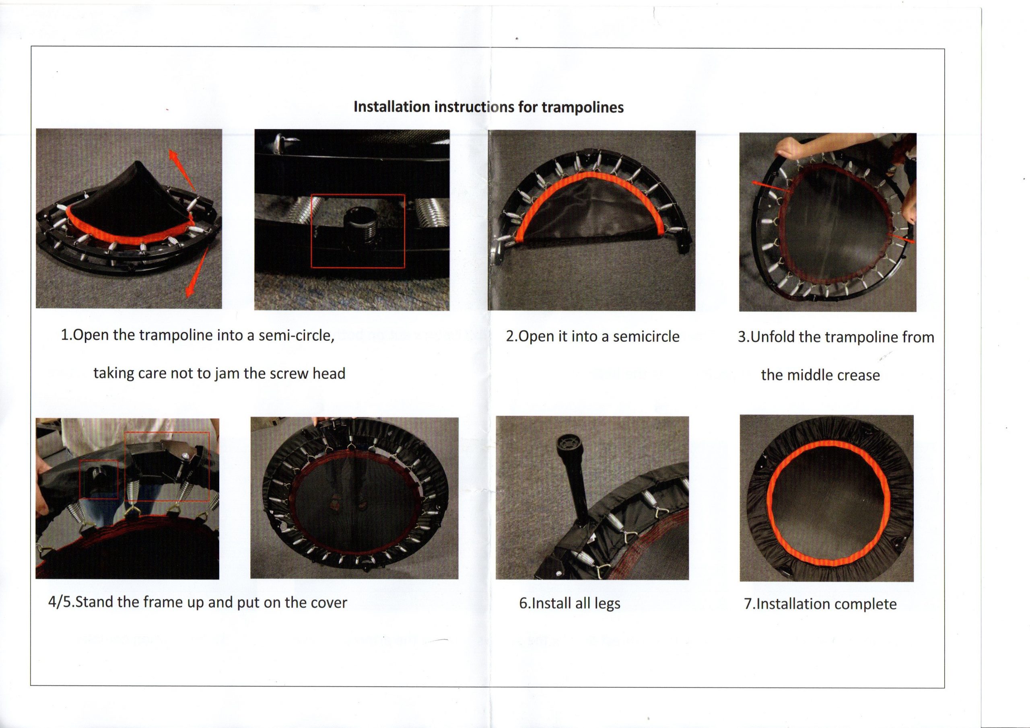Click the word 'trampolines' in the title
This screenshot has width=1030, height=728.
pyautogui.click(x=583, y=107)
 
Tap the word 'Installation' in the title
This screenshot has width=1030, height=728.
pyautogui.click(x=391, y=107)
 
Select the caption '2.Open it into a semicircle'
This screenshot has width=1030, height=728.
pyautogui.click(x=593, y=336)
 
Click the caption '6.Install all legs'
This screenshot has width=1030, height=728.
pyautogui.click(x=570, y=603)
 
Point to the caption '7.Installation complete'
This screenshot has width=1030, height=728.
pyautogui.click(x=820, y=604)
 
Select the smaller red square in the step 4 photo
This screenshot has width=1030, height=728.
pyautogui.click(x=99, y=479)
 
